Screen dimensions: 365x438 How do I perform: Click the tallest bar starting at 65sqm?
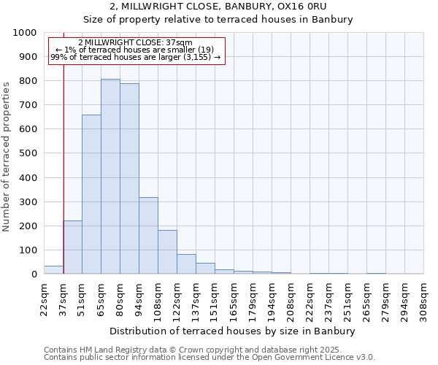pyautogui.click(x=110, y=177)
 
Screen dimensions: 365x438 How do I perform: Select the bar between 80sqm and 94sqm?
pyautogui.click(x=129, y=179)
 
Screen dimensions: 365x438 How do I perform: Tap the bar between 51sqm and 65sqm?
pyautogui.click(x=91, y=194)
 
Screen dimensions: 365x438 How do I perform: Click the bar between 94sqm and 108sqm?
pyautogui.click(x=148, y=236)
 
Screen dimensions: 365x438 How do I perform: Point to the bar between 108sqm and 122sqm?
pyautogui.click(x=167, y=252)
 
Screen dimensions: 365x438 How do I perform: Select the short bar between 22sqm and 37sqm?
pyautogui.click(x=53, y=270)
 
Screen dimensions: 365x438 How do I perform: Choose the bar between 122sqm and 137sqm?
pyautogui.click(x=186, y=264)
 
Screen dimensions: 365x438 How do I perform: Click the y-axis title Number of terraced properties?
pyautogui.click(x=7, y=156)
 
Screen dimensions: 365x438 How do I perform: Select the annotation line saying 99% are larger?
pyautogui.click(x=135, y=57)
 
